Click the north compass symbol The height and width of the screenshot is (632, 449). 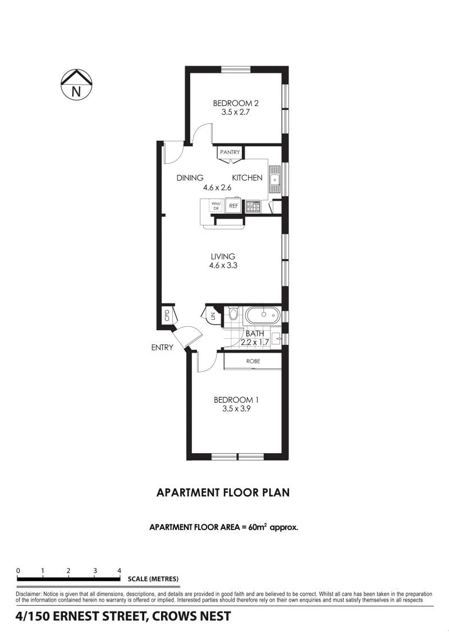tap(76, 84)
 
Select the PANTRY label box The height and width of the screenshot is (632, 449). tap(230, 153)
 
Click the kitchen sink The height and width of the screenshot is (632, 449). tap(275, 179)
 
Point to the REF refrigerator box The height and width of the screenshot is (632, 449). tap(233, 206)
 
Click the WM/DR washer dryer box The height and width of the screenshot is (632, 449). tap(216, 206)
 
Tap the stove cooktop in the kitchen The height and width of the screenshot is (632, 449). tap(253, 206)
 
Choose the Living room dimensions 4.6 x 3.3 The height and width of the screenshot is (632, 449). tap(223, 265)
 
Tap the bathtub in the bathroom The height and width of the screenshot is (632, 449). tap(263, 315)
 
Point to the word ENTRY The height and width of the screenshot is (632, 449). tap(162, 348)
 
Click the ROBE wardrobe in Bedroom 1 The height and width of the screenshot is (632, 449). tap(253, 361)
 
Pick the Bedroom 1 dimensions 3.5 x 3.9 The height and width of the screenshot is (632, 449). tap(236, 409)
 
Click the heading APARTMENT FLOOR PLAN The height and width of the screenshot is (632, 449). tap(223, 492)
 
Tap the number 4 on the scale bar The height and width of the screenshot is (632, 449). tap(119, 570)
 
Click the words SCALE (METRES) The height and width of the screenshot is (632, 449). tap(153, 579)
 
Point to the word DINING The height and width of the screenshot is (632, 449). tap(190, 178)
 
